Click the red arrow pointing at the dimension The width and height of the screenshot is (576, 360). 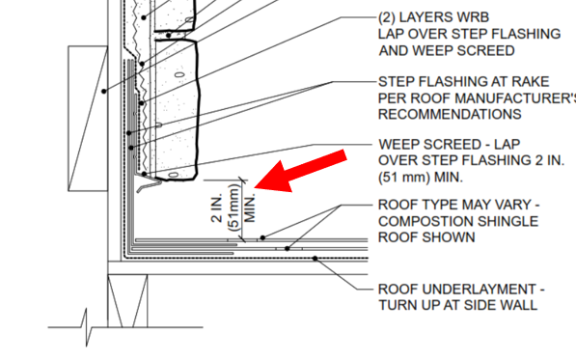point(300,171)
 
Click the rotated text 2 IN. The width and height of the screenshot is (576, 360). point(217,208)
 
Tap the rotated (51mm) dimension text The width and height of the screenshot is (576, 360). point(234,208)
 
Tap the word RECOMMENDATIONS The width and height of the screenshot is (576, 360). point(450,114)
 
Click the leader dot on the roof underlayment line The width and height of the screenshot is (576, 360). point(315,259)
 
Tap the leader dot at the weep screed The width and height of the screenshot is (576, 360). point(145,174)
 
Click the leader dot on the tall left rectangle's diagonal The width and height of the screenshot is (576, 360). point(104,91)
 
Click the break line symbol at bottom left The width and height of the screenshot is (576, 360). point(86,327)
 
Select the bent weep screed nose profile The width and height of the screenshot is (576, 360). point(149,182)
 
